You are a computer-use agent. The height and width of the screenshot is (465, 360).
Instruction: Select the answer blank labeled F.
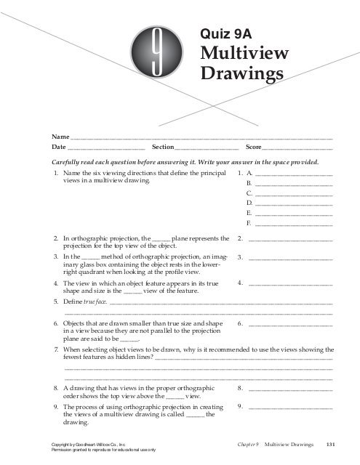[293, 224]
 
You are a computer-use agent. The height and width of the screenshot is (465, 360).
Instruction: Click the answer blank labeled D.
[293, 205]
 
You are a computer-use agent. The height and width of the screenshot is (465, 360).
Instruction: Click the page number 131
[330, 445]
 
